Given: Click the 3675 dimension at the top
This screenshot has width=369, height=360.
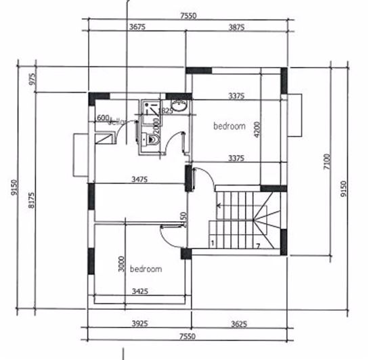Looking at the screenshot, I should point(138,27).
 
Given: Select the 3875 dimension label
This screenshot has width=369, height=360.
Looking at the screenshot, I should point(236,27).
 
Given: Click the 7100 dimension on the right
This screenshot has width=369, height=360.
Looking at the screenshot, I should point(327,162).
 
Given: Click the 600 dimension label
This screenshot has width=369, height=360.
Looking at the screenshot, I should point(103,118).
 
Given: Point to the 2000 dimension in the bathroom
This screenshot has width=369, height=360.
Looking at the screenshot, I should point(156,125).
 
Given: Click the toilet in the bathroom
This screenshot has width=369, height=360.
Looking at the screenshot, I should point(153,139).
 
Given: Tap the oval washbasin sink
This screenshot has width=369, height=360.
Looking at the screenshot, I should point(180,106).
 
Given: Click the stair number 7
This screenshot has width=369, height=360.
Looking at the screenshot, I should point(258,244).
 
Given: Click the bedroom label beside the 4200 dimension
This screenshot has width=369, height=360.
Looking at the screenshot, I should point(230,126).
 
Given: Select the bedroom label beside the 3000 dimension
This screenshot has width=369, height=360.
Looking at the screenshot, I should point(146,269).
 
